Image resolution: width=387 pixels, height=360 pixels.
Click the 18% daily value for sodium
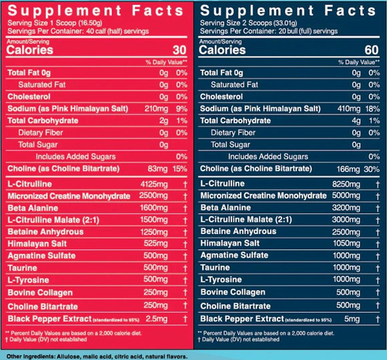(x=372, y=109)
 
